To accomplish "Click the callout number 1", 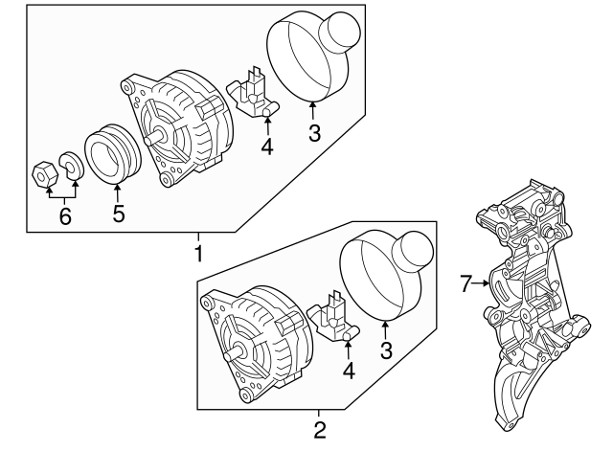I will [198, 254].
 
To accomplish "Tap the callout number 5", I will [119, 214].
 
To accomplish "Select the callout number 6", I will [65, 217].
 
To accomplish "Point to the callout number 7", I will [466, 283].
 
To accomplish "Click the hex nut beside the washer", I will [42, 174].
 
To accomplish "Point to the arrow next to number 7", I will [483, 283].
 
